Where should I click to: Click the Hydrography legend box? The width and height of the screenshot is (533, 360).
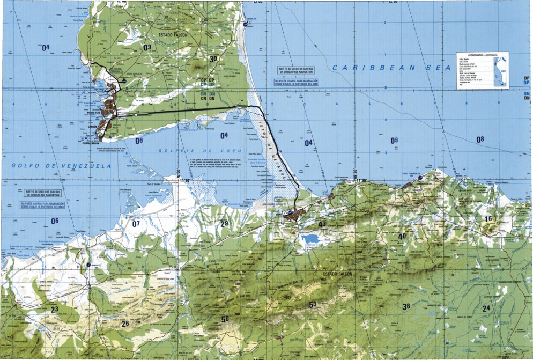[x=482, y=70]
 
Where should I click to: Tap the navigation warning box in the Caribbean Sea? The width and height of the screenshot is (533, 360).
[x=295, y=77]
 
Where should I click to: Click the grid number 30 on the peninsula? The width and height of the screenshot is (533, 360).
[x=214, y=60]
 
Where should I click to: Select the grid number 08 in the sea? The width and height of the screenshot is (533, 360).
[x=479, y=139]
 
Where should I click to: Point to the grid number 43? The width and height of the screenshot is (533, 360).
[x=322, y=224]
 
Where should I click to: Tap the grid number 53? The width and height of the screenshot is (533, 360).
[x=313, y=305]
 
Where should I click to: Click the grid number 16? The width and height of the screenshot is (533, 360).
[x=487, y=219]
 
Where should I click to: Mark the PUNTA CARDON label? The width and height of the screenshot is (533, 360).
[x=92, y=143]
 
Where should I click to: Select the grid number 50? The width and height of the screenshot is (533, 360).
[x=225, y=319]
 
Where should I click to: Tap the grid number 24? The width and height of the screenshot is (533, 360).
[x=486, y=308]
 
